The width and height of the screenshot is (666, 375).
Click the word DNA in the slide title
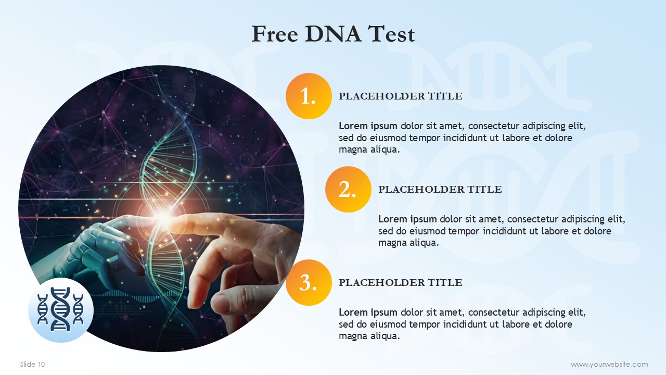click(x=332, y=34)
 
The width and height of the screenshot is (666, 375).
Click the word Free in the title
click(x=275, y=34)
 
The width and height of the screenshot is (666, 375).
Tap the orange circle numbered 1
click(x=309, y=96)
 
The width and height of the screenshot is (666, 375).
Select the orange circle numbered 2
click(x=348, y=189)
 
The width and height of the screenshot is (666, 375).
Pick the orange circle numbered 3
click(x=309, y=282)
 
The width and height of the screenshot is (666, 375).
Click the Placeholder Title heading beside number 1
click(x=401, y=96)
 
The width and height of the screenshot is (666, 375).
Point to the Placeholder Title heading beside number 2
click(x=440, y=189)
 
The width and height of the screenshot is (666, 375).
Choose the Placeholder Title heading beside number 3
click(x=401, y=282)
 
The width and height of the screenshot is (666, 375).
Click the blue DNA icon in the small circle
click(x=61, y=309)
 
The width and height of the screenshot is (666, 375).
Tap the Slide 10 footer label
click(x=32, y=364)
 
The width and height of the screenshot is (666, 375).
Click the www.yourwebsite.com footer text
click(x=609, y=364)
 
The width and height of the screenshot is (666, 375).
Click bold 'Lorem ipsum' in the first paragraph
click(x=368, y=126)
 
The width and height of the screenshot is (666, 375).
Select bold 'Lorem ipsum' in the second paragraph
click(x=407, y=219)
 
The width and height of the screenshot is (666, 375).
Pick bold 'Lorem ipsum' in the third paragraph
click(x=368, y=312)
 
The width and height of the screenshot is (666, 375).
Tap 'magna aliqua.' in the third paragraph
click(x=369, y=336)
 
